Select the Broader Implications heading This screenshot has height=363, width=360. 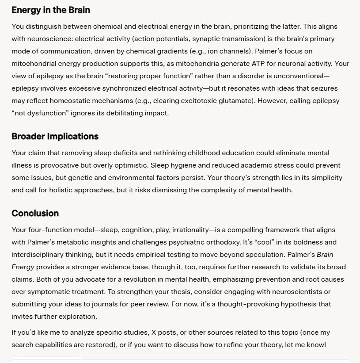point(55,136)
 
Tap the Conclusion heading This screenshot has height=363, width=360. point(35,213)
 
